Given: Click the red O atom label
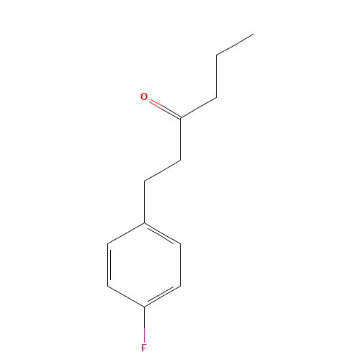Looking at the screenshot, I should pyautogui.click(x=144, y=96).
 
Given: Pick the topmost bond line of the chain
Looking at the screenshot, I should pyautogui.click(x=234, y=44).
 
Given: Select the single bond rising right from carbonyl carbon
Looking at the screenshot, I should pyautogui.click(x=198, y=107).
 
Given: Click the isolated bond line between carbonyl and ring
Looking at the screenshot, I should pyautogui.click(x=162, y=171).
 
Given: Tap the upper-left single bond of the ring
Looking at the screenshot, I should pyautogui.click(x=126, y=234).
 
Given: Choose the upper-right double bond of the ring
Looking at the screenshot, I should pyautogui.click(x=163, y=234).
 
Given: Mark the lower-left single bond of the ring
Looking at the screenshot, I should pyautogui.click(x=126, y=297).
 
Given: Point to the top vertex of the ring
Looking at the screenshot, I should pyautogui.click(x=145, y=223).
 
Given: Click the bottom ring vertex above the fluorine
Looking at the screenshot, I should pyautogui.click(x=145, y=307).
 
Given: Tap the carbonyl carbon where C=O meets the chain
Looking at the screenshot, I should pyautogui.click(x=180, y=117).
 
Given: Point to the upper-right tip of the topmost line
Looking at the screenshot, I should pyautogui.click(x=252, y=34).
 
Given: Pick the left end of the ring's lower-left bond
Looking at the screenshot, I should pyautogui.click(x=108, y=286).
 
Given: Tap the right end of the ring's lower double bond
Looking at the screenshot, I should pyautogui.click(x=181, y=286).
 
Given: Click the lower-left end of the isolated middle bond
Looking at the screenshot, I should pyautogui.click(x=145, y=181).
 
